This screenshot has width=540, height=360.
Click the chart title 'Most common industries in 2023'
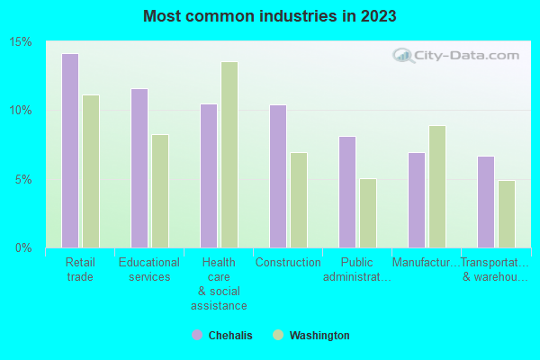[x=269, y=16]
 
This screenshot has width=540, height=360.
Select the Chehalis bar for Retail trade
[x=70, y=150]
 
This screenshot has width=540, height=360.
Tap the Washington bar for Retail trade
[x=91, y=171]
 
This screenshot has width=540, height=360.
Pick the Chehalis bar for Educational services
[x=139, y=167]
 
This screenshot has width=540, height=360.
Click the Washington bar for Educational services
[x=160, y=191]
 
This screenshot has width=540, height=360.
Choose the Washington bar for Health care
[x=229, y=154]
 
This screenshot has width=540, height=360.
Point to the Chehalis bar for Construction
[x=278, y=175]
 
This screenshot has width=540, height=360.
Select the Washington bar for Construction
[x=299, y=200]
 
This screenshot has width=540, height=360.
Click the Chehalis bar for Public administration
[x=347, y=192]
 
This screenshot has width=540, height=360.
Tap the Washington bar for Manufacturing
[x=437, y=186]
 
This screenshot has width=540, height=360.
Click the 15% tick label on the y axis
[x=21, y=42]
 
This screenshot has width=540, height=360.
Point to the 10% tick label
[x=21, y=111]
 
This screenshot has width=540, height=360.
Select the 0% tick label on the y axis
[x=23, y=247]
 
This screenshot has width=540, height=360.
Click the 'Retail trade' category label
[x=80, y=269]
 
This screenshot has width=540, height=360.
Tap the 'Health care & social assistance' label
[x=219, y=283]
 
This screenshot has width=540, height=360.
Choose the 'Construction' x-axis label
[x=288, y=263]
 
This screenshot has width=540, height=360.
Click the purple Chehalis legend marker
[x=197, y=335]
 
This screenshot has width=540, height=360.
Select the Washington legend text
[x=319, y=336]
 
